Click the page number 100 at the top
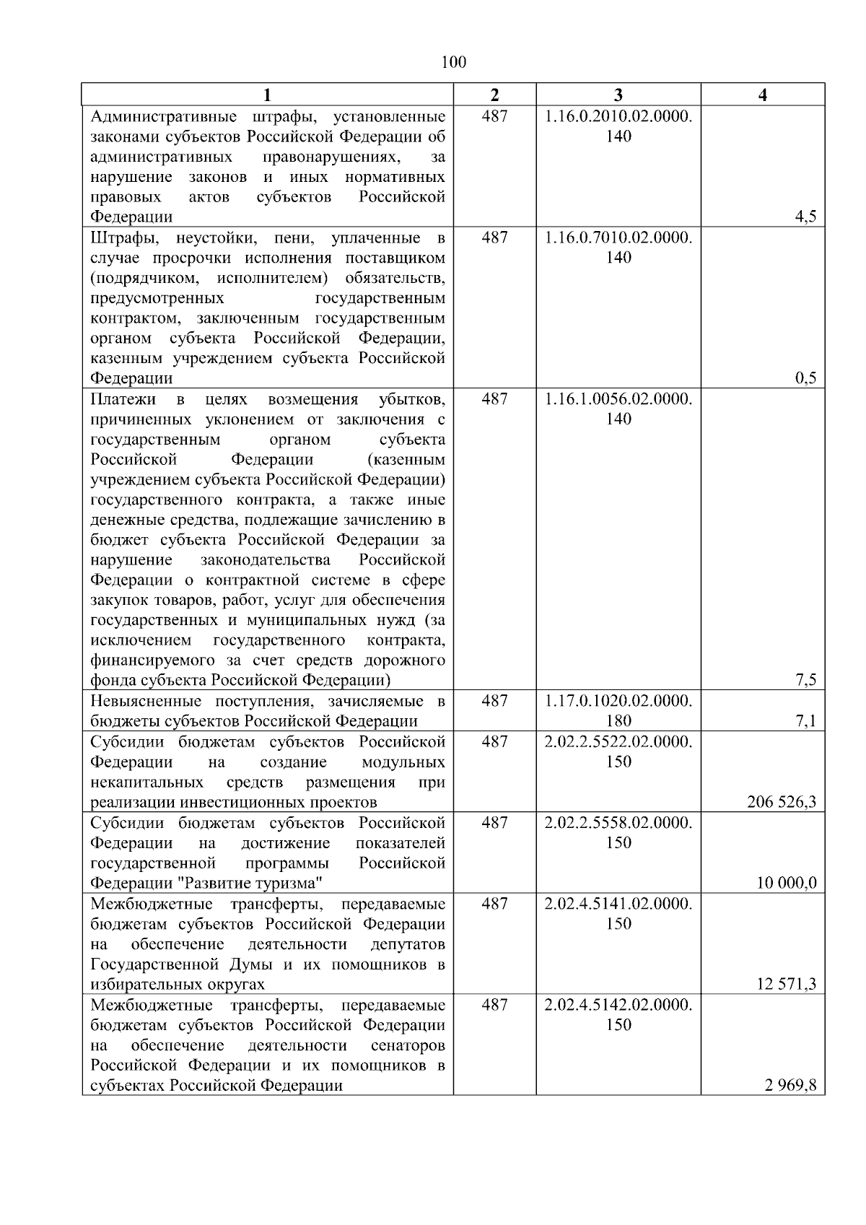pyautogui.click(x=453, y=62)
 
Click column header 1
pyautogui.click(x=267, y=95)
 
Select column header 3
pyautogui.click(x=618, y=95)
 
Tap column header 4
pyautogui.click(x=763, y=95)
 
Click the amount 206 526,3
pyautogui.click(x=782, y=802)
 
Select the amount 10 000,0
pyautogui.click(x=787, y=883)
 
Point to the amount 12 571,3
pyautogui.click(x=787, y=984)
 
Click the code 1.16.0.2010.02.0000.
pyautogui.click(x=618, y=115)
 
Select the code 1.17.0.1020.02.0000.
pyautogui.click(x=618, y=700)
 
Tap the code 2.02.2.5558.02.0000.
pyautogui.click(x=618, y=822)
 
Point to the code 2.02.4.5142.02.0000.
pyautogui.click(x=618, y=1004)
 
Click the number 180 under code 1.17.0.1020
pyautogui.click(x=618, y=720)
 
